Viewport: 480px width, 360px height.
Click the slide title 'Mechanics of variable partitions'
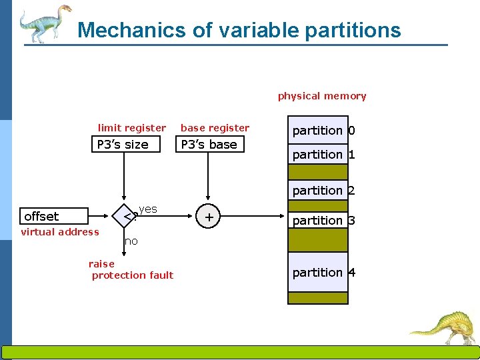[239, 30]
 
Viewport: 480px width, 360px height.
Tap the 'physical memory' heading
[322, 96]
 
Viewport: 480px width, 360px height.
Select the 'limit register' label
[132, 128]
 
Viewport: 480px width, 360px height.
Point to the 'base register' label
[215, 128]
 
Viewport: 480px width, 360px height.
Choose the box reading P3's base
[209, 144]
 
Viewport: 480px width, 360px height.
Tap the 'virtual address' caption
[60, 232]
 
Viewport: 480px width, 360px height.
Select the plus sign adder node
[209, 217]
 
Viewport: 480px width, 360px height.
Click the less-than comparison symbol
[128, 216]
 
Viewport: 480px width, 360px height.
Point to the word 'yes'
[148, 209]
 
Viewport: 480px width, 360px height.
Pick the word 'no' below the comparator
[131, 241]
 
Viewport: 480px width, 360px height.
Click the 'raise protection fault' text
[131, 269]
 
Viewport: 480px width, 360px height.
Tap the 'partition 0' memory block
[318, 131]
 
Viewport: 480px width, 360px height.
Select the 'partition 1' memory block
[318, 155]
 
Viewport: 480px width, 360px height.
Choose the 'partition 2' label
[323, 191]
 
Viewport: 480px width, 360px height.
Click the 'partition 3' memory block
[318, 220]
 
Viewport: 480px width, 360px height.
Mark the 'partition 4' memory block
[318, 272]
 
